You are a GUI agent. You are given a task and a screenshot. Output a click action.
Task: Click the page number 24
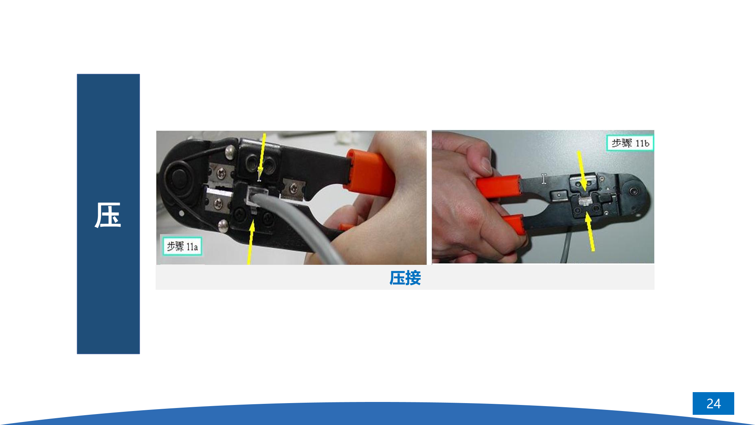713,403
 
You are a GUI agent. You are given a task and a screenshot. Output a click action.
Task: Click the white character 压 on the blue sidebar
108,215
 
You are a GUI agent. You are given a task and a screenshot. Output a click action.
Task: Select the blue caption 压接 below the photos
405,278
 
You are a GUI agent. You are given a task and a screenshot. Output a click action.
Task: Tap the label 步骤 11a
182,246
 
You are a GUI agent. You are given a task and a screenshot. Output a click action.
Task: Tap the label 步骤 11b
630,143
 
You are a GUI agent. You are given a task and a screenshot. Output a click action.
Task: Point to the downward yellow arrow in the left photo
262,157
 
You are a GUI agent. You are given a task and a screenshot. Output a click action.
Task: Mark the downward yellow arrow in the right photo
582,171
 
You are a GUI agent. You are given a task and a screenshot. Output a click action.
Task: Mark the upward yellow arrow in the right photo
590,232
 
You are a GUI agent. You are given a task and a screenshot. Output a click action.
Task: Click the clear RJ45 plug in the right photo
585,201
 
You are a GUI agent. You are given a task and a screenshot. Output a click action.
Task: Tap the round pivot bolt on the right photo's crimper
634,191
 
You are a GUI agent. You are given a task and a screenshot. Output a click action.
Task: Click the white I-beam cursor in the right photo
543,179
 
